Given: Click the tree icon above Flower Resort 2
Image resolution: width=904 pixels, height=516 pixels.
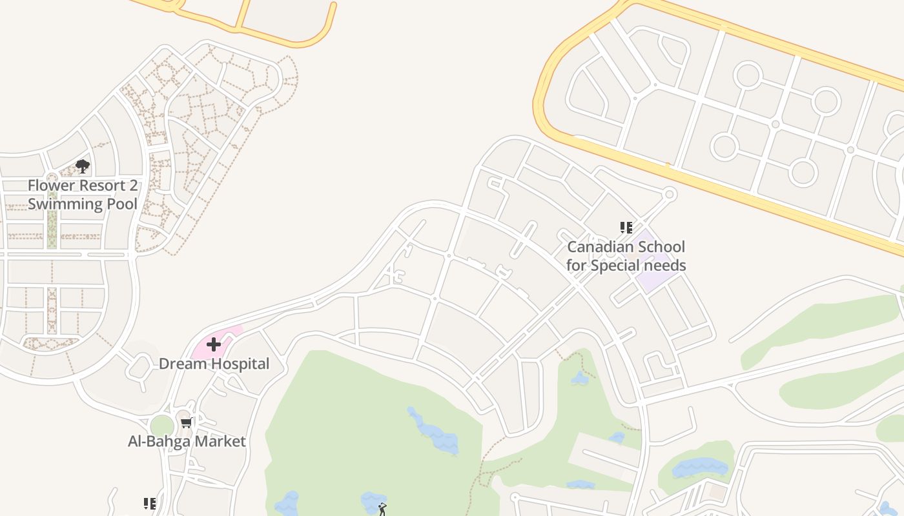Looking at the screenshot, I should [x=83, y=166].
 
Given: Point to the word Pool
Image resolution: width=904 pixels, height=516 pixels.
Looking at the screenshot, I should [x=123, y=204].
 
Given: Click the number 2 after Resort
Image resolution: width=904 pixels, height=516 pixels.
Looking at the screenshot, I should [x=133, y=186].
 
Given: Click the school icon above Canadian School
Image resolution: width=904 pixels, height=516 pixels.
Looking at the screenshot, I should [x=626, y=228].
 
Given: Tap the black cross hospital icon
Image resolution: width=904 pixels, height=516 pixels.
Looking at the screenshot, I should [x=214, y=344].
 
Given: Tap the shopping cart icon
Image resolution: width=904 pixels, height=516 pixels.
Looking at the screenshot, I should [x=187, y=423].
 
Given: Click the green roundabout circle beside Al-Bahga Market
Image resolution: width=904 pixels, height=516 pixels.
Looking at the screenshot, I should [x=162, y=426].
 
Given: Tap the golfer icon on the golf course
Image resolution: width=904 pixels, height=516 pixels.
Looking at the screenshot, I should [x=382, y=510].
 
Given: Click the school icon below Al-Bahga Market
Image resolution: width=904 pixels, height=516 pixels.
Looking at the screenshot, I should [x=149, y=504].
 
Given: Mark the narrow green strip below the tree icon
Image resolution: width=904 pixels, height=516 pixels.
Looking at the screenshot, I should [x=52, y=219].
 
